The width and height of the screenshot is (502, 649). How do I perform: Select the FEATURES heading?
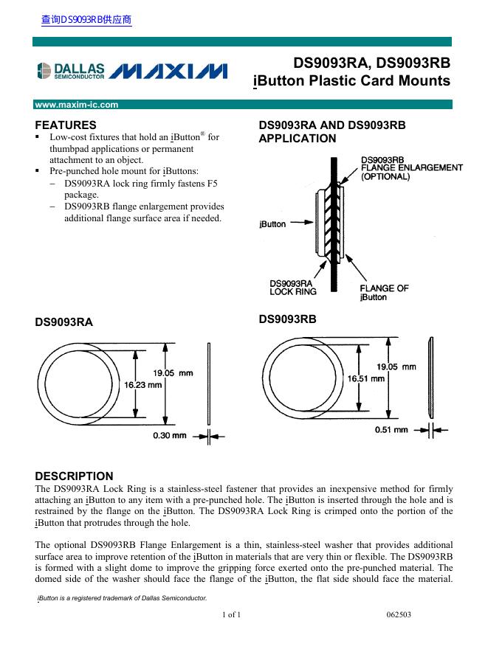tap(66, 125)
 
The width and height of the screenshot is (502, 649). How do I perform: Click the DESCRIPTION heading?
tap(75, 476)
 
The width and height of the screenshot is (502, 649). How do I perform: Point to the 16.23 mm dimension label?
tap(143, 384)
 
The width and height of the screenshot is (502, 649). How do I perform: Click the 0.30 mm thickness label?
tap(170, 436)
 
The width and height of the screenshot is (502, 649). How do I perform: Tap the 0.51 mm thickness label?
tap(391, 429)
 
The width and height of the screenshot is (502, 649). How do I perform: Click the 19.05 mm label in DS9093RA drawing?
tap(173, 373)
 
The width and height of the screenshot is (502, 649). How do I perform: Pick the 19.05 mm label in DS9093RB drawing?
tap(397, 367)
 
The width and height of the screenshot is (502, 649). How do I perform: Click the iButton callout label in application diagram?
tap(272, 224)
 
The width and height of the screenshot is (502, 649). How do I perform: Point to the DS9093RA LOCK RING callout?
tap(293, 287)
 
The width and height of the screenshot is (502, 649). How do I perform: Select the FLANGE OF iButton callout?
tap(383, 292)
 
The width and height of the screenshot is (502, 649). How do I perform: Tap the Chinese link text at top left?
tap(86, 20)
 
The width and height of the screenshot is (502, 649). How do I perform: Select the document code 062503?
tap(400, 614)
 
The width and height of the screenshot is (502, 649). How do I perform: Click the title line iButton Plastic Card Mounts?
tap(351, 81)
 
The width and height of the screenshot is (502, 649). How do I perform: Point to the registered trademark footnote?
tap(123, 597)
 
